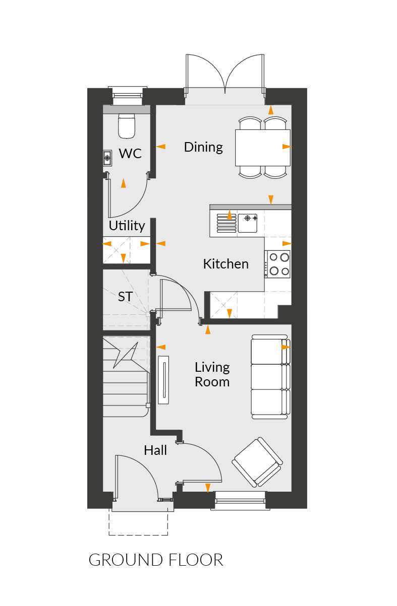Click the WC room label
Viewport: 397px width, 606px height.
[130, 153]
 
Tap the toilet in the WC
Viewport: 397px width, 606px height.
[127, 126]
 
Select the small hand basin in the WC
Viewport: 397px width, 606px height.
[107, 158]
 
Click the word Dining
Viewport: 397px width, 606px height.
[203, 147]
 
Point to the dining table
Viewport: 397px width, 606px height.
[263, 148]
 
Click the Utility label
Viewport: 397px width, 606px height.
[127, 226]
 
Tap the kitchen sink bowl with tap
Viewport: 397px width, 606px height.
[248, 223]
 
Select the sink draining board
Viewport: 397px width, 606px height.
[226, 223]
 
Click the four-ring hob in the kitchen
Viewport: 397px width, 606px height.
[277, 264]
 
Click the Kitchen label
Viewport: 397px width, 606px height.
[225, 264]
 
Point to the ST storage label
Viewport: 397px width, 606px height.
[125, 297]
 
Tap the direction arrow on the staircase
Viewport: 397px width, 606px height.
[126, 355]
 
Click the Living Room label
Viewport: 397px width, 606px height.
[212, 374]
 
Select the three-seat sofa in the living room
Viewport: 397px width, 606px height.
[270, 377]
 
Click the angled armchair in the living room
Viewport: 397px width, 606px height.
[257, 462]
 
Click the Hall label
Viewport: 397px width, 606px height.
[155, 450]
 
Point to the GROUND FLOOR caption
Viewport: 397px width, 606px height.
[156, 560]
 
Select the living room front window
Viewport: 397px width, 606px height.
[240, 501]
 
